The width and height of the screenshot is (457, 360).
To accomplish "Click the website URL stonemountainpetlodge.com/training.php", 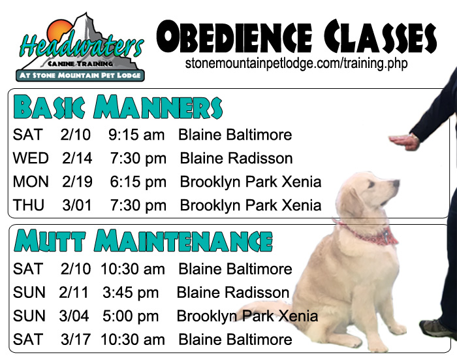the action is (296, 63).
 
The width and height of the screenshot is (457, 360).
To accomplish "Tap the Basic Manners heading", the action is (118, 106).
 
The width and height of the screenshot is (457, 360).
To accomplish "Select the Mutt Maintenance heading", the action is (143, 240).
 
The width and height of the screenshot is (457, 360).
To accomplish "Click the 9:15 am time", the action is (136, 135).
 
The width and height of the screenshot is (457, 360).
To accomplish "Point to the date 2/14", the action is (77, 158).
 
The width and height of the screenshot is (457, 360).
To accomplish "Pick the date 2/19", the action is (77, 182).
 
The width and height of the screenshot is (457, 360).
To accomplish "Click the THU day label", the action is (29, 205).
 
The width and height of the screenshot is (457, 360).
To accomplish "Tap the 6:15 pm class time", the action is (138, 182).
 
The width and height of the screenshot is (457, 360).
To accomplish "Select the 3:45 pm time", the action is (131, 293).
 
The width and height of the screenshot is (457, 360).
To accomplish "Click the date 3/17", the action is (76, 340).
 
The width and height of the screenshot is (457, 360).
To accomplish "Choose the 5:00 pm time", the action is (131, 316).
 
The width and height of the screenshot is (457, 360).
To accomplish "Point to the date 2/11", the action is (73, 293).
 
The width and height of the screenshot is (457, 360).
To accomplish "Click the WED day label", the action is (31, 158).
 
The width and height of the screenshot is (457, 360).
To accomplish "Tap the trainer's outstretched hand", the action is (404, 142).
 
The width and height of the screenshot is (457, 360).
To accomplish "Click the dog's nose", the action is (396, 183).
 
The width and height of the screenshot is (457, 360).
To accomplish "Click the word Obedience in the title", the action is (234, 37).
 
